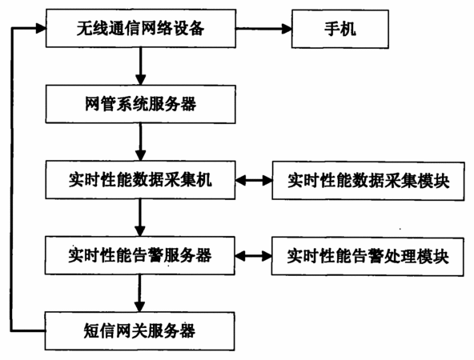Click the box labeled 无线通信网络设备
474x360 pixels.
click(141, 28)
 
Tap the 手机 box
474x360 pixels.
click(340, 29)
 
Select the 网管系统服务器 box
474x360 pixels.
click(141, 104)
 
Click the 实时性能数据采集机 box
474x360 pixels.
click(140, 180)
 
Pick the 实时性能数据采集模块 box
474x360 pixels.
click(368, 181)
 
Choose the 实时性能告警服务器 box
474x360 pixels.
click(140, 255)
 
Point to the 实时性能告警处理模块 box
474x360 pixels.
click(368, 257)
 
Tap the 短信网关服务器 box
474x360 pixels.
click(139, 331)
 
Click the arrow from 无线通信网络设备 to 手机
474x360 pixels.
click(263, 29)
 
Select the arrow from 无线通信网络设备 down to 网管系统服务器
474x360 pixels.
click(141, 66)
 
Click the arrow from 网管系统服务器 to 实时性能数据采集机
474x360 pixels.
click(141, 142)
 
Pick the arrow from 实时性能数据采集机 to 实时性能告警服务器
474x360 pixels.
click(140, 218)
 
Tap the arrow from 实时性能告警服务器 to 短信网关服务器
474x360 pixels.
click(139, 294)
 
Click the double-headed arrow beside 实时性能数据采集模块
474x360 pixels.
click(254, 181)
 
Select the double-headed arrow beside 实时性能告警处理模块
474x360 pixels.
click(253, 256)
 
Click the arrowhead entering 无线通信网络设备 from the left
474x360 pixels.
click(41, 28)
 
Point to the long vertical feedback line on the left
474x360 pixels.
click(12, 180)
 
